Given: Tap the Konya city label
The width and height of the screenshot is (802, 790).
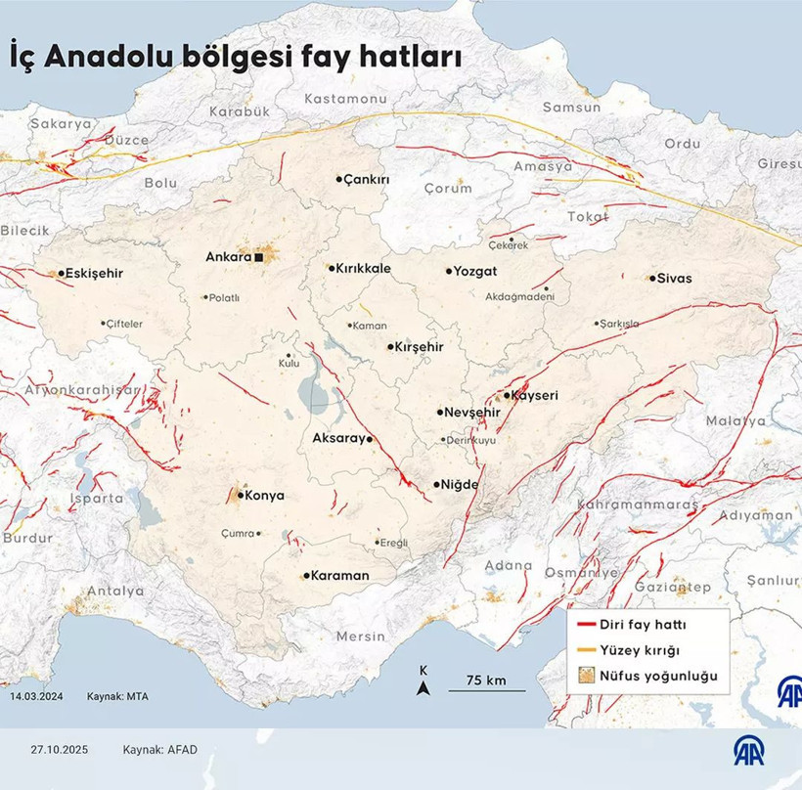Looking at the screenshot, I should tap(264, 496).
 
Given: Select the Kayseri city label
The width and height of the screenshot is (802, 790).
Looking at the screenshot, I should tap(538, 396).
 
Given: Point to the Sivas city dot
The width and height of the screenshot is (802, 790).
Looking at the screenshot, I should tap(652, 279).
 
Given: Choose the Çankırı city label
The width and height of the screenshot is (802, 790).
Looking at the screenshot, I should tap(368, 180).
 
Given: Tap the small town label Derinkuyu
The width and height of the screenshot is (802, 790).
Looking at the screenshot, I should tap(471, 440).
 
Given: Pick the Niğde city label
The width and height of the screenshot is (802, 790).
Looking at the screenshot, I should tap(462, 485).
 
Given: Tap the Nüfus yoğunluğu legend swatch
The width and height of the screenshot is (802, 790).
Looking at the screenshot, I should tap(586, 676).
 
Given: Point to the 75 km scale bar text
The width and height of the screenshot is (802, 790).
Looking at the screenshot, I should tap(485, 680).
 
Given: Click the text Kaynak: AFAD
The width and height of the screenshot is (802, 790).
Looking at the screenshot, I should tap(161, 750).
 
